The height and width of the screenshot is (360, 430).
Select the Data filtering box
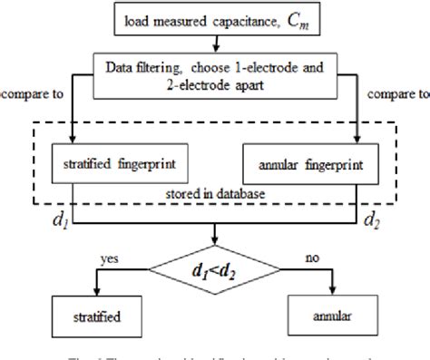(x=214, y=69)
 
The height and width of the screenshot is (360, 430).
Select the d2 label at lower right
(x=371, y=219)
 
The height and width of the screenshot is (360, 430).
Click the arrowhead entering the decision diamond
(x=214, y=241)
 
